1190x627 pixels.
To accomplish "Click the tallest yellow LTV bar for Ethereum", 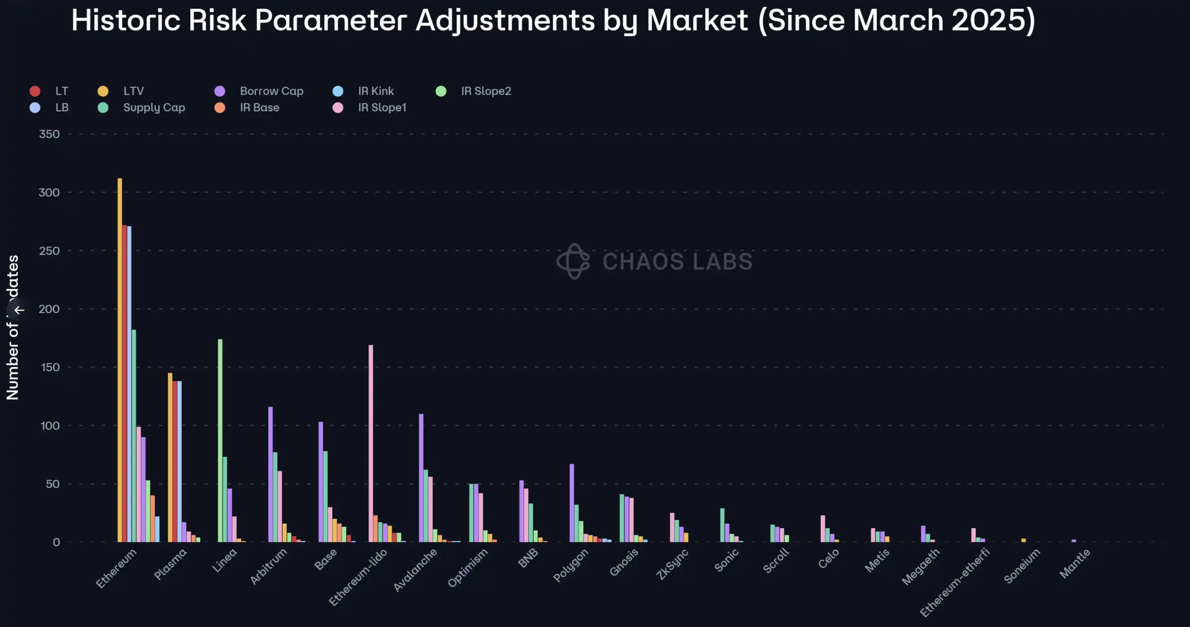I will tap(120, 360).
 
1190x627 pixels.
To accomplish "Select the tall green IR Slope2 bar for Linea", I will tap(220, 440).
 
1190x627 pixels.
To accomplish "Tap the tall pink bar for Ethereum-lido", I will tap(371, 443).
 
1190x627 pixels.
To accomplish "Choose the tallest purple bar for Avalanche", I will tap(421, 478).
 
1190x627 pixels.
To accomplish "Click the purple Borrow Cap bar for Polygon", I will tap(572, 503).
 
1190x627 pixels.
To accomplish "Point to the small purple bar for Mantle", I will tap(1074, 541).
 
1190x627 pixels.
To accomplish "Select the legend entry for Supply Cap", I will tap(154, 108).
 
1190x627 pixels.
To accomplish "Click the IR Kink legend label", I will tap(375, 91).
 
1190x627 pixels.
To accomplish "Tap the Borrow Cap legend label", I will tap(271, 91).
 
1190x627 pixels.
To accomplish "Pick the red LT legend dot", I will tap(35, 91).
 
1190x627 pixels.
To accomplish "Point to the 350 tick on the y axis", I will tap(50, 134).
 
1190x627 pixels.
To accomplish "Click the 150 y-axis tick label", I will tap(50, 368).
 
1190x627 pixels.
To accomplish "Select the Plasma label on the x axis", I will tap(170, 564).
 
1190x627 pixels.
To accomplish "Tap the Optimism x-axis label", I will tap(468, 568).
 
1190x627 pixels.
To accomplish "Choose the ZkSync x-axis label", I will tap(672, 564).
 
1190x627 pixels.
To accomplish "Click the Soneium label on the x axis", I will tap(1022, 566).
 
